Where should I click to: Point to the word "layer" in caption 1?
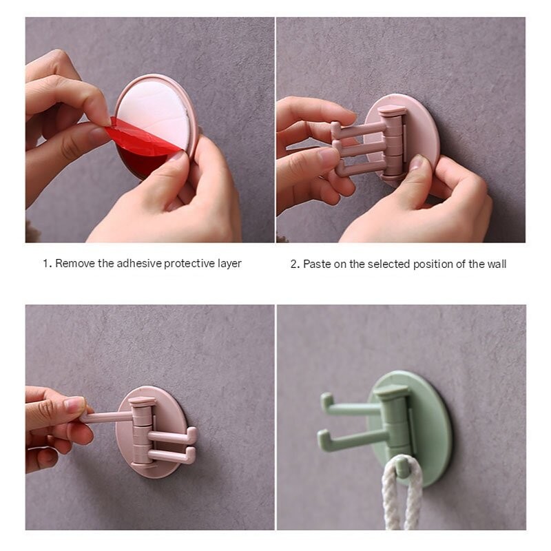point(229,264)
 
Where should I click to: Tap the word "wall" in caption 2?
point(496,264)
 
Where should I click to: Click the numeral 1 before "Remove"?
point(45,264)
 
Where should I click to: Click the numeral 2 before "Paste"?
point(294,264)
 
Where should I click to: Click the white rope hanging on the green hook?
point(402,499)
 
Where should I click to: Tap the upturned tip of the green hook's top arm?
point(325,400)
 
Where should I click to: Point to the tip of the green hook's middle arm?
point(322,437)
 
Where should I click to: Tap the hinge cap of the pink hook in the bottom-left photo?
point(142,401)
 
